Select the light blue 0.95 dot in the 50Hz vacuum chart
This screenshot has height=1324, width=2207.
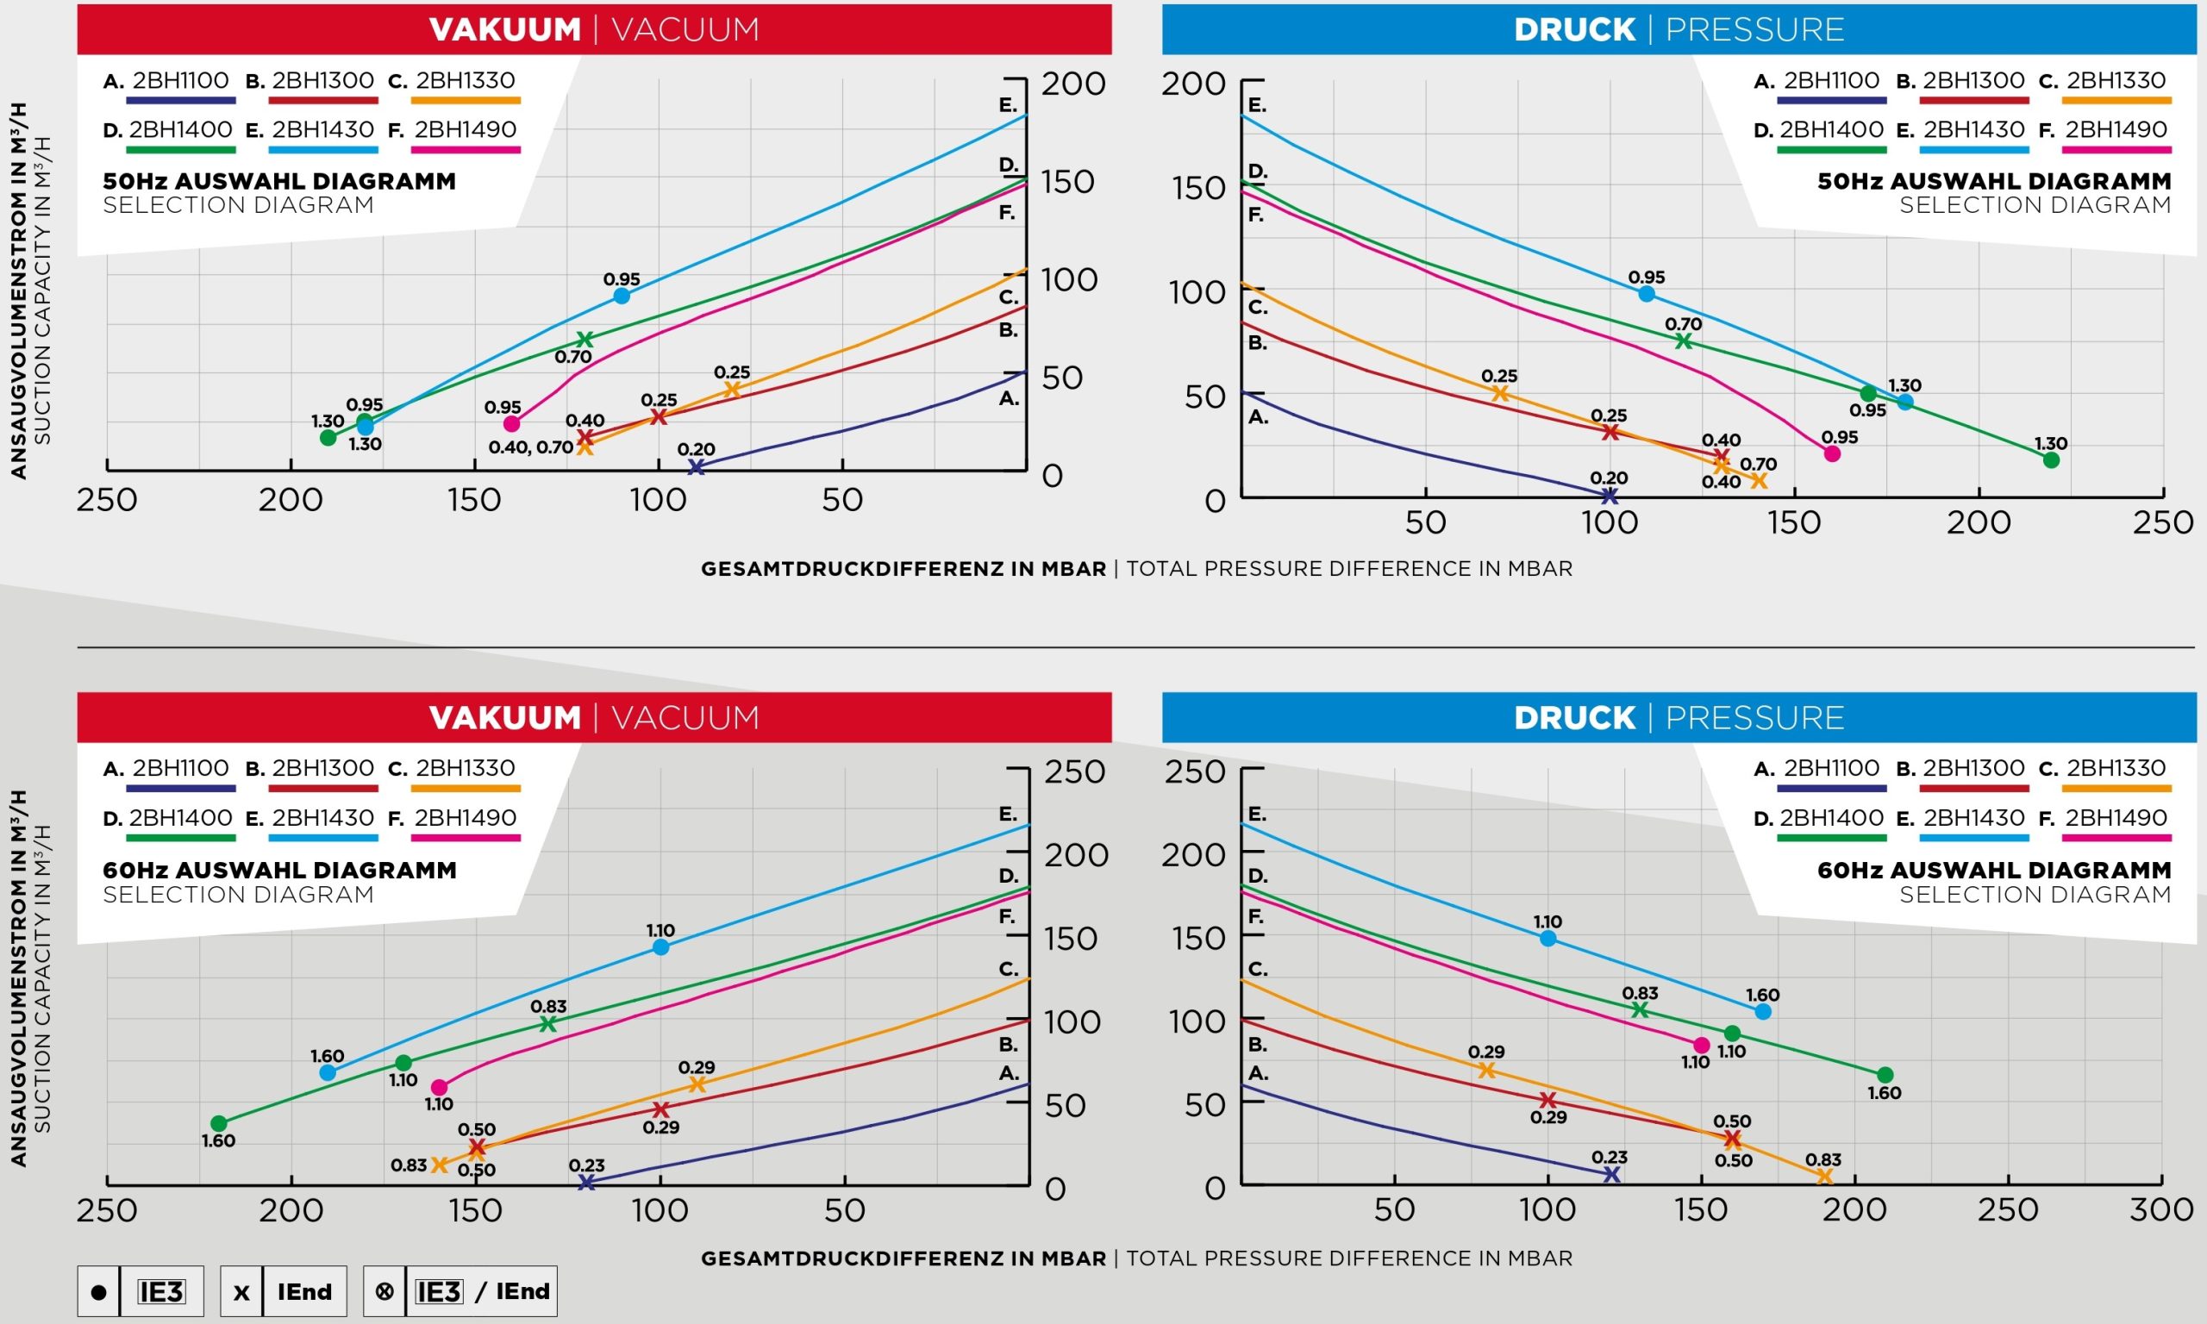[622, 297]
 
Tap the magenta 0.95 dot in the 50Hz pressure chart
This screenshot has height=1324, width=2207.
[1832, 453]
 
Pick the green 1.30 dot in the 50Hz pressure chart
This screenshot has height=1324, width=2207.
[2051, 460]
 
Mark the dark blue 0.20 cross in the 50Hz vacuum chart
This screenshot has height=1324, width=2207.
[696, 466]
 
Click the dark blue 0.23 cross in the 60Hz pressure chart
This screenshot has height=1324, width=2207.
[1611, 1175]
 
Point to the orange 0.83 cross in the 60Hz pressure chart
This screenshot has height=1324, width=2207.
[1824, 1177]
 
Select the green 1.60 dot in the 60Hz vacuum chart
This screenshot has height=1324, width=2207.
[219, 1123]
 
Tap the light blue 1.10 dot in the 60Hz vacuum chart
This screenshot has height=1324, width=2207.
[660, 947]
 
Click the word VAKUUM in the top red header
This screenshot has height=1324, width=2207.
[505, 29]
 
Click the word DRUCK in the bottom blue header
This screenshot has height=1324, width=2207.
[1574, 718]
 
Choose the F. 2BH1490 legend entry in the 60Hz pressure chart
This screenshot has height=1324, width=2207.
[2103, 818]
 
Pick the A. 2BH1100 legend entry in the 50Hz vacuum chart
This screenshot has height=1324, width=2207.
[168, 81]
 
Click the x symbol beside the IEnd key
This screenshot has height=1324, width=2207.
[241, 1292]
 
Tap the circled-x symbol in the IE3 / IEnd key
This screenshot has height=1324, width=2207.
[385, 1291]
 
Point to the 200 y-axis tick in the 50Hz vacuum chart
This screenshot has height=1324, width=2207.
[1073, 84]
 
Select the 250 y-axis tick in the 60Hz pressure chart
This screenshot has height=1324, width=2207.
[1195, 771]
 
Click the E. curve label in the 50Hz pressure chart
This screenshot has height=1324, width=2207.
[1256, 105]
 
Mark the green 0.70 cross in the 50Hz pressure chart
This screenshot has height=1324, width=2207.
[1684, 340]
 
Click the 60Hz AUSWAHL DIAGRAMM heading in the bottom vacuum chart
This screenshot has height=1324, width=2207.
[279, 870]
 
